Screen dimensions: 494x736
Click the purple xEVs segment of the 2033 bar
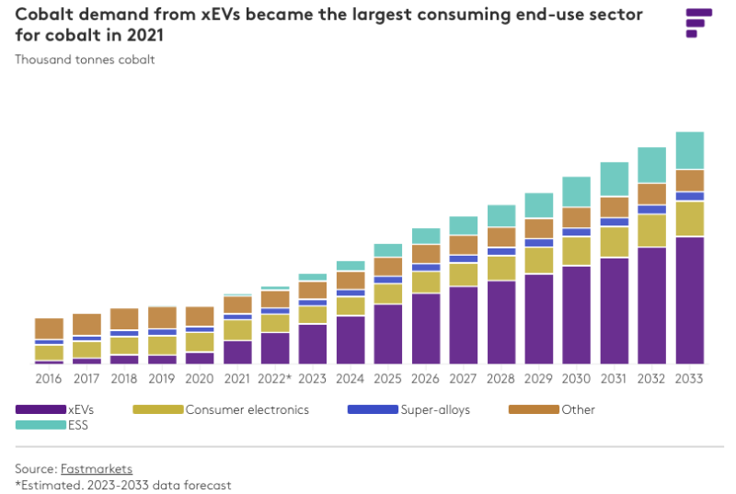(689, 300)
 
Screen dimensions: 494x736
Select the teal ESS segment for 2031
(614, 179)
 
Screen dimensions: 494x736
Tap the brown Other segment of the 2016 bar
(50, 328)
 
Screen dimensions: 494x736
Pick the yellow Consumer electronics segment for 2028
(501, 268)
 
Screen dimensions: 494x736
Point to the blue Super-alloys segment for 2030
(577, 232)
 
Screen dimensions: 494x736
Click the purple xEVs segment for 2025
(388, 334)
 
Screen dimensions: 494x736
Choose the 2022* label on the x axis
(275, 377)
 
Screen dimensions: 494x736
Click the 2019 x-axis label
(162, 377)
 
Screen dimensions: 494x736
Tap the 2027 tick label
(464, 377)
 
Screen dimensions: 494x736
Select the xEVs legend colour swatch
(40, 409)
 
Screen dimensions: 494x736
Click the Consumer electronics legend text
(247, 409)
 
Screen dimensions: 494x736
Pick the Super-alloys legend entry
(435, 409)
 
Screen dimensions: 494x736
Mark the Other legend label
(578, 409)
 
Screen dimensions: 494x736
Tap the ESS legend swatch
(40, 425)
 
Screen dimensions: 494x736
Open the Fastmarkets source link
(97, 469)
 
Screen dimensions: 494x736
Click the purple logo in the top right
(698, 23)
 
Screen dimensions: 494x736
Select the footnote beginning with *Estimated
(123, 485)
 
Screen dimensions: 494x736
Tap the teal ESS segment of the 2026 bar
(426, 236)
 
